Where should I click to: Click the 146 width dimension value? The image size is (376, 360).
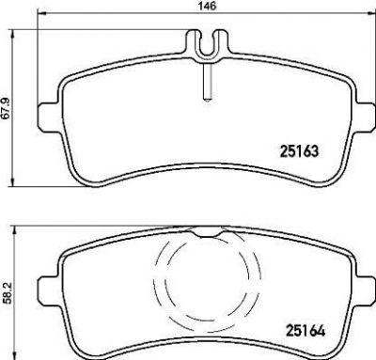207,6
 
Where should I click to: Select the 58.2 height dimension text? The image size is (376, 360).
8,292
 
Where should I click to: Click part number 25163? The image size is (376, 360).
299,151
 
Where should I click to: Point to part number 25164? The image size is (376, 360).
305,331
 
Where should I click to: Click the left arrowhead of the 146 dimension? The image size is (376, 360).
41,13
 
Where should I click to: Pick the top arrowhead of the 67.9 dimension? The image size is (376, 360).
12,35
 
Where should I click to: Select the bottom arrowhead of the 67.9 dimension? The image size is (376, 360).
12,182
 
